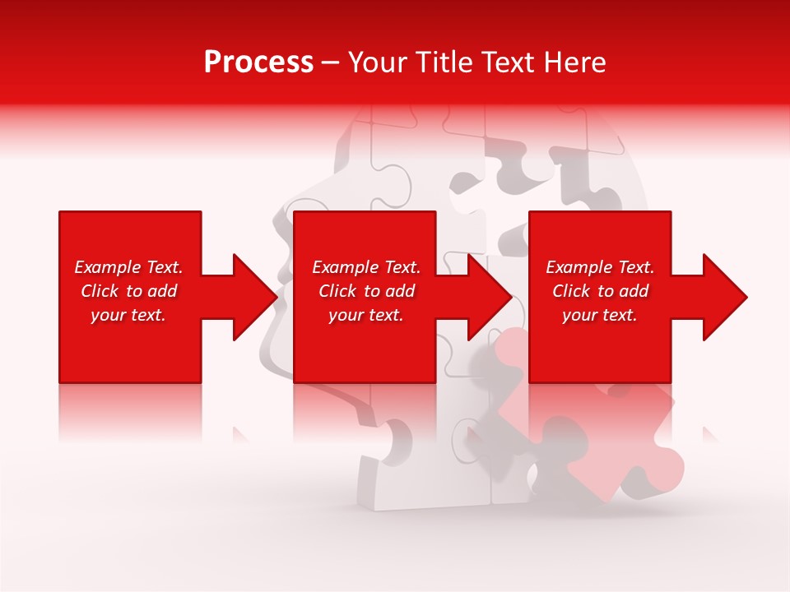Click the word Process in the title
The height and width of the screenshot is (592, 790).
(258, 62)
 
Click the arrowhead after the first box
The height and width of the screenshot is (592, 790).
(255, 297)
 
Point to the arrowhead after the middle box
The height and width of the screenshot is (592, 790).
(490, 297)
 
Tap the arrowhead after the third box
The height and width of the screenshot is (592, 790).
(725, 297)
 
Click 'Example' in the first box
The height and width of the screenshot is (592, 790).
(107, 267)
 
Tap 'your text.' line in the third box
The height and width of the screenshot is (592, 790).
(599, 315)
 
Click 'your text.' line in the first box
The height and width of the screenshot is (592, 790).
(128, 315)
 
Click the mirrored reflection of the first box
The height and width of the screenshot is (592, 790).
(130, 411)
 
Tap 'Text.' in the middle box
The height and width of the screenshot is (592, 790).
(402, 267)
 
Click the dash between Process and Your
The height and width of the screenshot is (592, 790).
(331, 62)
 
